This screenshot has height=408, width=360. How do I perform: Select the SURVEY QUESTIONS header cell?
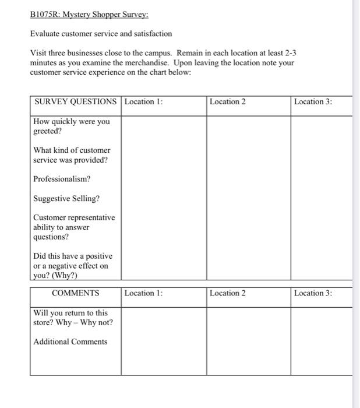click(x=75, y=102)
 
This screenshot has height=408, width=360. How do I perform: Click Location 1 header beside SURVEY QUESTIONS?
click(x=143, y=102)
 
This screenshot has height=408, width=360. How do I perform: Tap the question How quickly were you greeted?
click(x=71, y=126)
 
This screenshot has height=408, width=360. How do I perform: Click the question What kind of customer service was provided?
click(x=71, y=155)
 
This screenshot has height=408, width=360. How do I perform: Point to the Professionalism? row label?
click(x=62, y=179)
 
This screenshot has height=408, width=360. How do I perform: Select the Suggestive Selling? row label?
click(x=66, y=199)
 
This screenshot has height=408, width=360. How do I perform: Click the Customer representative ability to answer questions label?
click(x=73, y=227)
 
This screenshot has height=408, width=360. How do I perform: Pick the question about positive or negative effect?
click(x=73, y=266)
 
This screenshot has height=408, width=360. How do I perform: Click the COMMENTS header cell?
click(x=75, y=293)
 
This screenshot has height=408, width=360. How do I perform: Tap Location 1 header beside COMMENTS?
click(x=143, y=293)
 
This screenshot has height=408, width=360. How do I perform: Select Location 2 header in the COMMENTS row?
click(x=228, y=293)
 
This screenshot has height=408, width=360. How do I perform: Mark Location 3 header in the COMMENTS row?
click(x=313, y=293)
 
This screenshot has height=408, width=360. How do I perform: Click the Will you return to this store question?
click(x=73, y=318)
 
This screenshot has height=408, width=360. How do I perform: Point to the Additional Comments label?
click(x=70, y=342)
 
